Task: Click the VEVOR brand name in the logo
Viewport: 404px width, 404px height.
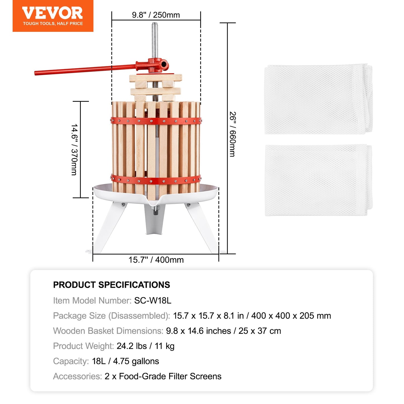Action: point(52,13)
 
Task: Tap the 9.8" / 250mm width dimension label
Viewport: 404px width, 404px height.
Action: point(156,15)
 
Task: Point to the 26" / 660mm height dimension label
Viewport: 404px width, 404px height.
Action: point(233,134)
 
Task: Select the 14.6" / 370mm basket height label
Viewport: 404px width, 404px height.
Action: point(75,150)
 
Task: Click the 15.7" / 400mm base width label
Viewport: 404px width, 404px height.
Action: point(156,260)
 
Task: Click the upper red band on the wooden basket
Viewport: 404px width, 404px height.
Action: point(156,121)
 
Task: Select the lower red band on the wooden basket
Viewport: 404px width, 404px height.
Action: point(156,180)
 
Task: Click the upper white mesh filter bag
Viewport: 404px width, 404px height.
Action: point(318,99)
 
